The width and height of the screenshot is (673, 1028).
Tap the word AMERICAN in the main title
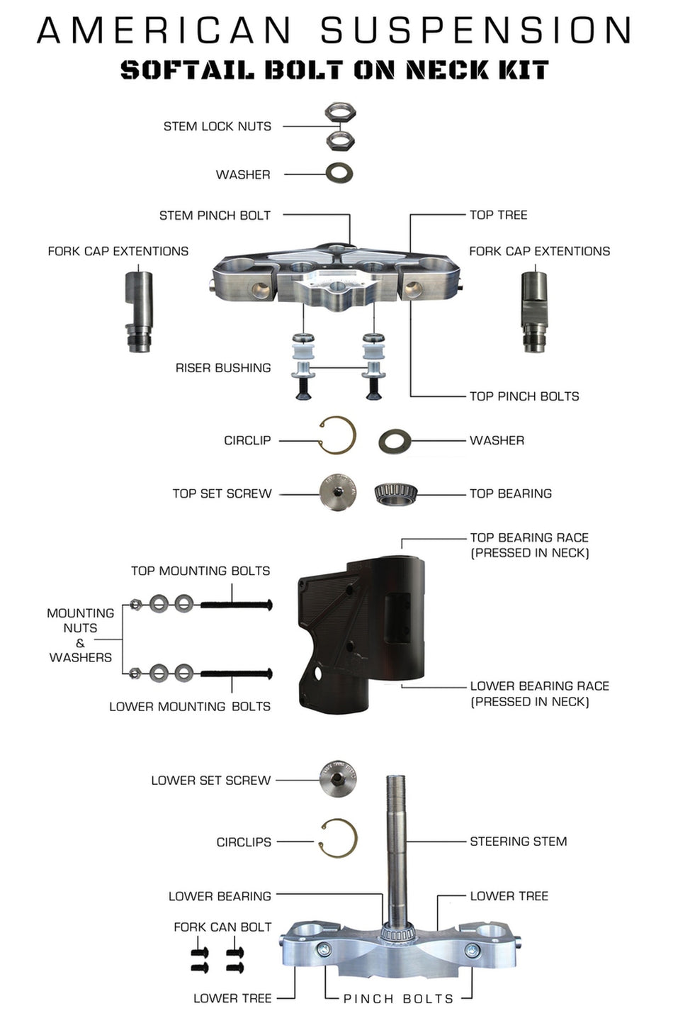click(164, 30)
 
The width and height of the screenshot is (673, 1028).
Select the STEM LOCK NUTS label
click(217, 126)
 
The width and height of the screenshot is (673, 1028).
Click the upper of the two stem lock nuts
click(340, 113)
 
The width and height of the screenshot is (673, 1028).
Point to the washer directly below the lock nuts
click(339, 173)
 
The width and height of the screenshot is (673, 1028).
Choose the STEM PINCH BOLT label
click(215, 216)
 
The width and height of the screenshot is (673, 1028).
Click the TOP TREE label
click(498, 215)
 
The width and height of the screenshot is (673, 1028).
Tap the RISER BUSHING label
click(223, 368)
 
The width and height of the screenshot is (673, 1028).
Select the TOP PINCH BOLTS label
click(524, 396)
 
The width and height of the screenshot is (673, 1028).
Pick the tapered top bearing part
click(396, 493)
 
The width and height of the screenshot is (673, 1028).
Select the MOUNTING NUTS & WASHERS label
click(80, 635)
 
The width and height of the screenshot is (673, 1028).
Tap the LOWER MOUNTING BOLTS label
click(189, 707)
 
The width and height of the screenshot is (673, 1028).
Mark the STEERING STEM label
click(518, 842)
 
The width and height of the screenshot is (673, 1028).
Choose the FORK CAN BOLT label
click(222, 927)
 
